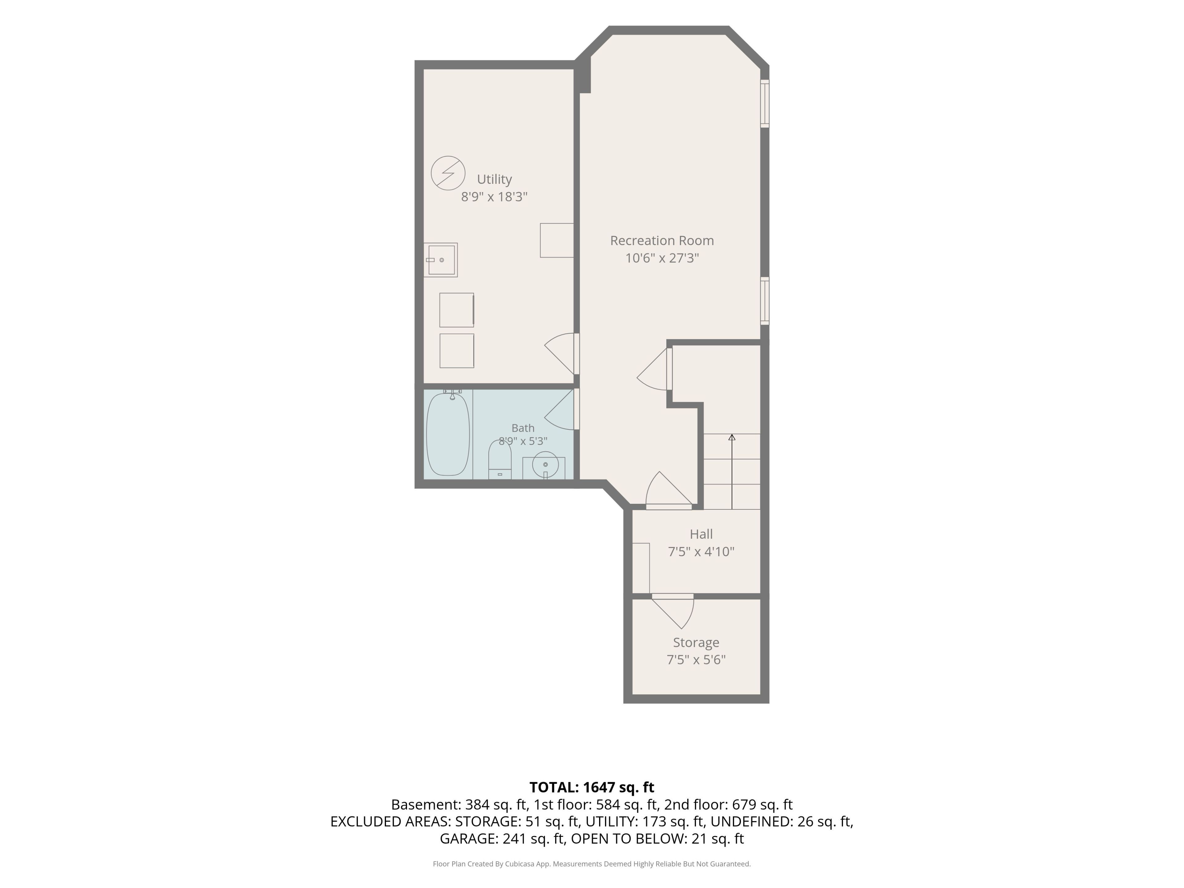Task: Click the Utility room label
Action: coord(494,179)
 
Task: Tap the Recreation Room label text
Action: coord(662,241)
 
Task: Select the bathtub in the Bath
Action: coord(448,434)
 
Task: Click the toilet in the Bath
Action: coord(500,459)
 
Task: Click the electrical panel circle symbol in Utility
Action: coord(448,173)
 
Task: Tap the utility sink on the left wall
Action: coord(441,260)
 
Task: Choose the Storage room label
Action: coord(696,642)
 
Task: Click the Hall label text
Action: coord(701,534)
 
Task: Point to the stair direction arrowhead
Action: coord(732,437)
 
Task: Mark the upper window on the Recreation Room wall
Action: coord(765,104)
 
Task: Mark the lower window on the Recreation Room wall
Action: coord(765,301)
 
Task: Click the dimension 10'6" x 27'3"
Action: coord(662,258)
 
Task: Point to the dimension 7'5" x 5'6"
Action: coord(696,660)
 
